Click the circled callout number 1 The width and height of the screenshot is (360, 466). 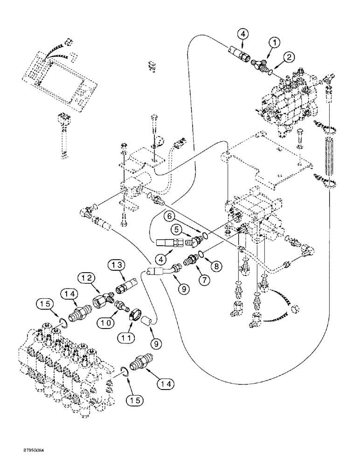276,42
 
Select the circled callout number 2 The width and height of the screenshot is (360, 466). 290,58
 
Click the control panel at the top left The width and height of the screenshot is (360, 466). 59,75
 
